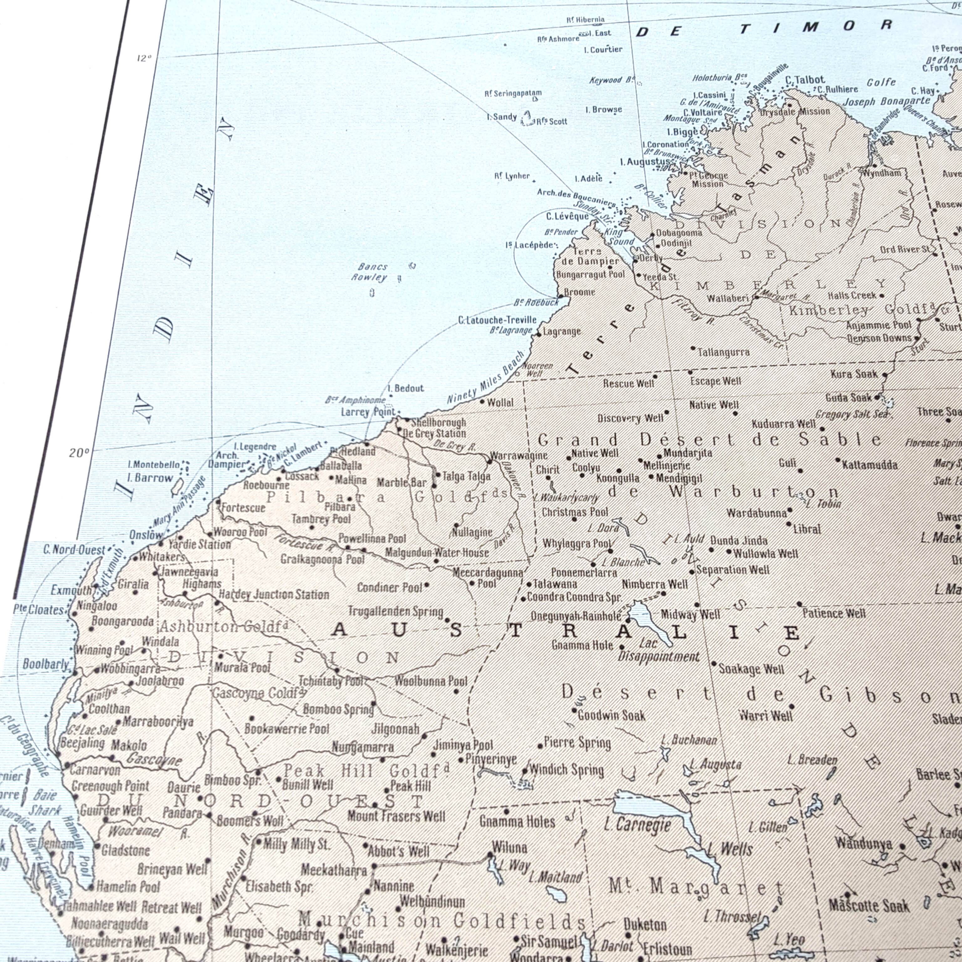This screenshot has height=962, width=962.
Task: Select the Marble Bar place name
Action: (401, 483)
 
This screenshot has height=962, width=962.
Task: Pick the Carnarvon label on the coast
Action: (95, 770)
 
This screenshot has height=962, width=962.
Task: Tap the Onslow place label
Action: (146, 535)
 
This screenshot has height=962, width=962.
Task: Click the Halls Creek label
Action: (852, 295)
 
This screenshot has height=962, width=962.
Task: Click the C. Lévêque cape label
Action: (567, 216)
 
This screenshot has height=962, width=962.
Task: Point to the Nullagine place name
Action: (472, 533)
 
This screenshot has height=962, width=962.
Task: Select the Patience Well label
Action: (834, 613)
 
